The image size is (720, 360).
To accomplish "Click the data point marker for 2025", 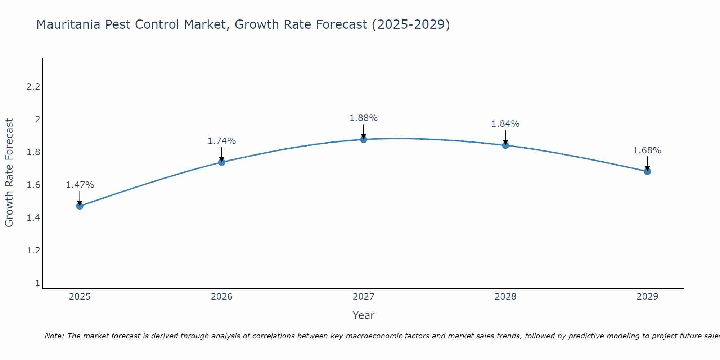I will (x=80, y=206).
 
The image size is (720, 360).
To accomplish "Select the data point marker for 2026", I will (x=222, y=162).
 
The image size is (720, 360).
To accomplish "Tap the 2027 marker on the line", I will (x=364, y=139).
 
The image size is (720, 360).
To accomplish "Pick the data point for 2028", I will (x=505, y=145).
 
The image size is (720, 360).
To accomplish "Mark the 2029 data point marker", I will (x=647, y=171).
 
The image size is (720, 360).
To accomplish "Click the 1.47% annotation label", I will (x=80, y=185).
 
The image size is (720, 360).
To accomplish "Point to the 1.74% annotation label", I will (x=222, y=141).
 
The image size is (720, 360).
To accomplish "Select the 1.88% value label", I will (x=364, y=118).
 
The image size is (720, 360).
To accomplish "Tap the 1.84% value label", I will (x=505, y=124).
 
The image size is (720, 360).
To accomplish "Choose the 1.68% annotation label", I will (x=647, y=150).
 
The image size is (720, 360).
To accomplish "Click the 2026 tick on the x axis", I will (x=222, y=297).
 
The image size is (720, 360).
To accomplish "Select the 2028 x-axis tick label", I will (x=505, y=297).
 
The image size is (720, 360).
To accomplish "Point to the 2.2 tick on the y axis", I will (x=33, y=87).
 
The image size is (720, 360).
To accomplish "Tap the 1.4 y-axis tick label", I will (x=33, y=218).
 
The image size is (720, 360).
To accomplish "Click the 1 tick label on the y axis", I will (x=37, y=283).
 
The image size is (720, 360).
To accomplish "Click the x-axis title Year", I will (x=364, y=315).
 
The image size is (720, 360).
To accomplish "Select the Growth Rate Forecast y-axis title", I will (x=9, y=173).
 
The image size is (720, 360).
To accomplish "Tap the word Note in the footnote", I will (x=54, y=336).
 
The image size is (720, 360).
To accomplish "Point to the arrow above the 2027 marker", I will (x=364, y=131).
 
